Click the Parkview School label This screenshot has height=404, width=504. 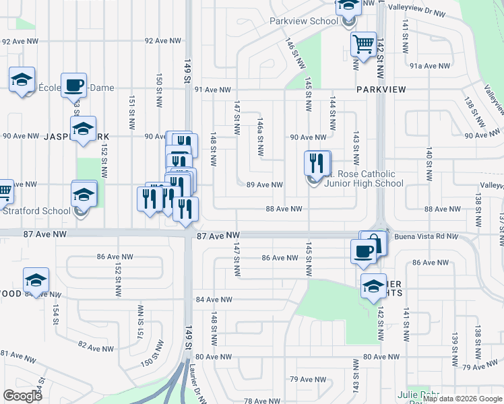pos(303,21)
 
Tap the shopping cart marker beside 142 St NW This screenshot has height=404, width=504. pos(364,45)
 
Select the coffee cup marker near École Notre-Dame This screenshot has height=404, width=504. pos(74,86)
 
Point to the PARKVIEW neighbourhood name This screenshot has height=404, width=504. pos(379,89)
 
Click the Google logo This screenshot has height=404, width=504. pos(22,395)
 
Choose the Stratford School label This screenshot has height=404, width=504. pos(36,210)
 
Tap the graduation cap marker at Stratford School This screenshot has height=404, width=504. pos(84,195)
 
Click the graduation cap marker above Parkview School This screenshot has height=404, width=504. pos(348,7)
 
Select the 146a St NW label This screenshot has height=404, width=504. pos(259,135)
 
